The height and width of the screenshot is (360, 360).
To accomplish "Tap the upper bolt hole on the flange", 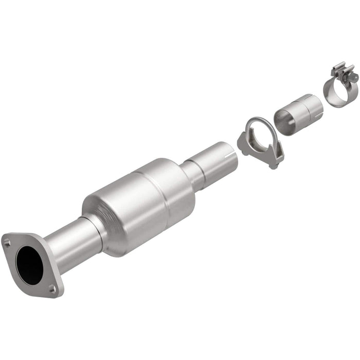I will tap(7, 242).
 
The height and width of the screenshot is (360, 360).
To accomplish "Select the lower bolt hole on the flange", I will tap(52, 290).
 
